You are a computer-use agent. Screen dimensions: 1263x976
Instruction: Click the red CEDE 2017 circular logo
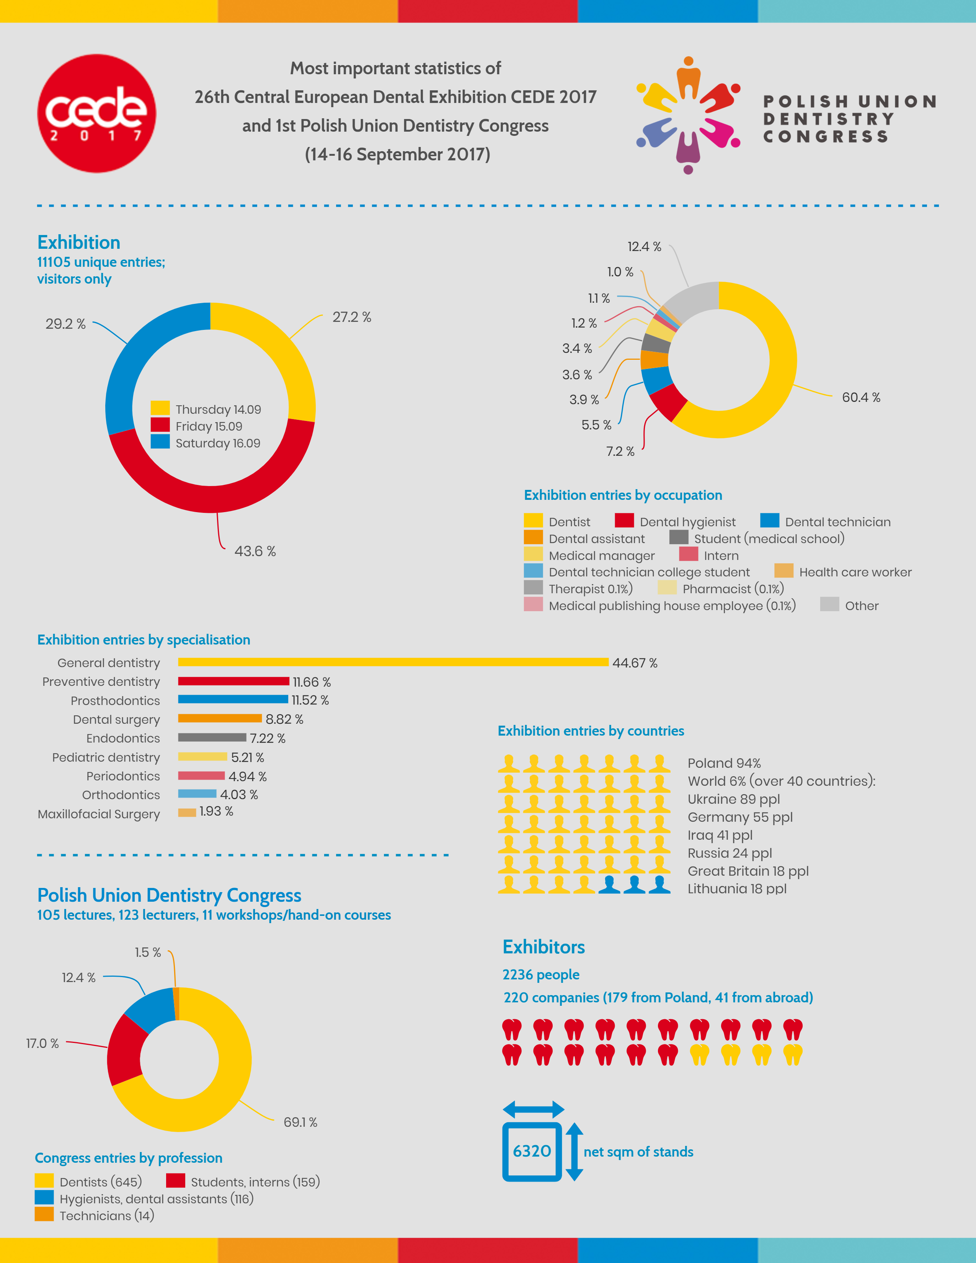click(x=96, y=113)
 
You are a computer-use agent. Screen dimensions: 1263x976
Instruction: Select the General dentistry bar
click(x=393, y=662)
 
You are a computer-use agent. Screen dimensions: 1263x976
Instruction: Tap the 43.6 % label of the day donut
click(x=255, y=551)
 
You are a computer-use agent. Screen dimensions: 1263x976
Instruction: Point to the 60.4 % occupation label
click(x=861, y=397)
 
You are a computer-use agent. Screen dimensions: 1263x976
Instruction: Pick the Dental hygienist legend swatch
click(x=624, y=521)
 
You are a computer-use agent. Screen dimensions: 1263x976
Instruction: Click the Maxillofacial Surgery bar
click(x=187, y=813)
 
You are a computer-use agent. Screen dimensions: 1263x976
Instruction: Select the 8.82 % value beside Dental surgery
click(x=284, y=719)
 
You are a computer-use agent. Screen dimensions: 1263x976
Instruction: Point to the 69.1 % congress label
click(x=300, y=1122)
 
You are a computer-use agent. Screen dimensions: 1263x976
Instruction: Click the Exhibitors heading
click(x=543, y=946)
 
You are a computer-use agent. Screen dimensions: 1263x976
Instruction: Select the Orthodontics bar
click(x=197, y=794)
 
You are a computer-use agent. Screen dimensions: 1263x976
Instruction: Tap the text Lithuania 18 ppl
click(x=737, y=889)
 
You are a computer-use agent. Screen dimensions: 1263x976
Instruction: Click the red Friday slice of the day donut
click(x=211, y=486)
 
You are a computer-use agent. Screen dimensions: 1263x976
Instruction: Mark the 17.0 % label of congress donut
click(x=42, y=1043)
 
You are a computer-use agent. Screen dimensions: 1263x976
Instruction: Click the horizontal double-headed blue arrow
click(x=533, y=1109)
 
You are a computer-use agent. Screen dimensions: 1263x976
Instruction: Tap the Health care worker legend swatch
click(x=783, y=571)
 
